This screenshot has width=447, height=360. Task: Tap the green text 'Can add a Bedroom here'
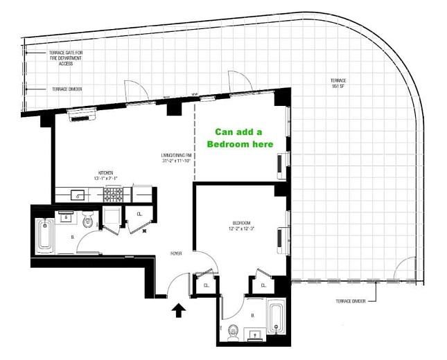click(x=238, y=138)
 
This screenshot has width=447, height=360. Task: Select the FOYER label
click(x=177, y=254)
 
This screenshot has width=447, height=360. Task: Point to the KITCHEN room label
click(x=105, y=174)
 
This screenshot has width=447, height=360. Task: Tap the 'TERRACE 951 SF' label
click(x=338, y=84)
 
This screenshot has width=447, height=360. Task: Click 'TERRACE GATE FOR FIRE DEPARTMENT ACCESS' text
click(x=66, y=57)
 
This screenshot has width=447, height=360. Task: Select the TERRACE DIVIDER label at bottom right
click(x=352, y=301)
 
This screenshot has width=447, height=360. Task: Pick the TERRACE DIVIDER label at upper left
click(x=67, y=89)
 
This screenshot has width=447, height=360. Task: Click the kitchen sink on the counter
click(x=79, y=196)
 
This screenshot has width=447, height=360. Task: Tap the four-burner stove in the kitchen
click(x=112, y=197)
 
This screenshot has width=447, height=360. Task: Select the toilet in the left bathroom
click(x=87, y=222)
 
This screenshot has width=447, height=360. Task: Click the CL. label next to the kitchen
click(x=139, y=215)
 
